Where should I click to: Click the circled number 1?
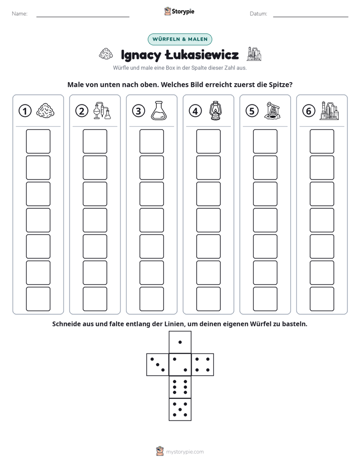[25, 111]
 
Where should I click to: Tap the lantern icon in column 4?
[215, 111]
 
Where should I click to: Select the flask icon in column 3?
[159, 110]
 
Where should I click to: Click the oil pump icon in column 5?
[272, 111]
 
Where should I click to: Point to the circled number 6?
[309, 111]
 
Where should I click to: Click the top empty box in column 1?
[38, 141]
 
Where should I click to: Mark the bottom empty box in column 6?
[322, 299]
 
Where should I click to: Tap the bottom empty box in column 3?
[151, 299]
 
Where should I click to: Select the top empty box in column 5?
[265, 141]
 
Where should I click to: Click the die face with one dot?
[180, 342]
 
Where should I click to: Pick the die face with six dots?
[180, 387]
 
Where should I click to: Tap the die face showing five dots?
[180, 410]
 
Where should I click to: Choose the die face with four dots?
[203, 365]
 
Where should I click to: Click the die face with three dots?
[158, 365]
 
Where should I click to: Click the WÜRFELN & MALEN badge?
[180, 39]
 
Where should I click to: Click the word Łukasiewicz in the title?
[202, 55]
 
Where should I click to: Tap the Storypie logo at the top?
[179, 11]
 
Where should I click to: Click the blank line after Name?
[83, 17]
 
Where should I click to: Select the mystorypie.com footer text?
[185, 452]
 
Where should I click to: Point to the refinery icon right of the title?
[254, 54]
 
